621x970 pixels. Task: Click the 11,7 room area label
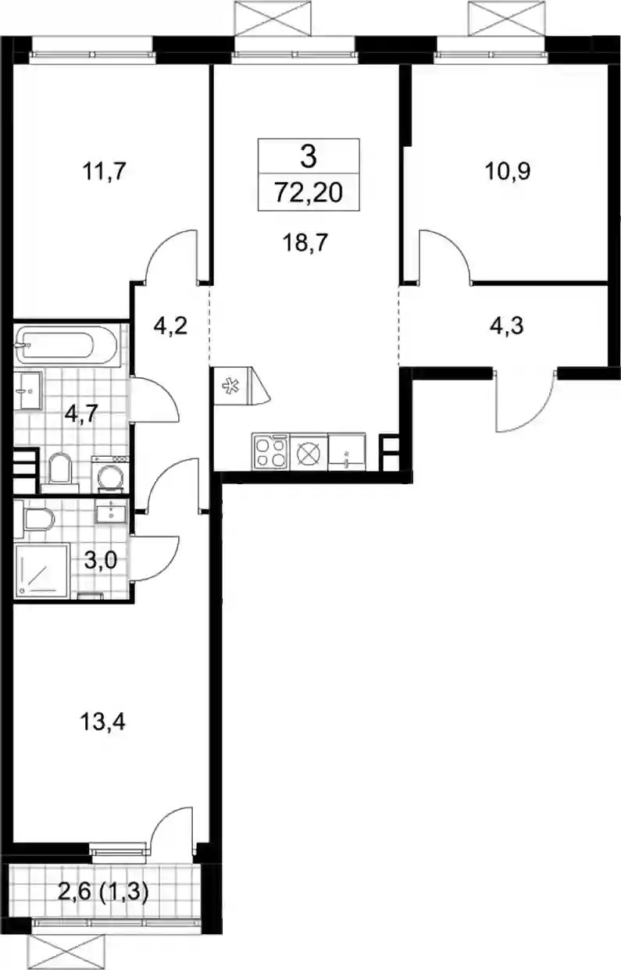point(104,172)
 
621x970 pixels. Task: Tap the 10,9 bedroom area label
point(508,172)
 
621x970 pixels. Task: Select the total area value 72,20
point(309,193)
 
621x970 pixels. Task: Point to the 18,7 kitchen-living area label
point(305,242)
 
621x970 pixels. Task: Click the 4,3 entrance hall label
point(507,326)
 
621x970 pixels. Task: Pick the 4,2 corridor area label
point(170,326)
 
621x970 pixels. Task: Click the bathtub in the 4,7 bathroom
point(66,345)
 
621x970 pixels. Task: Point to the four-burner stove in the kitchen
point(270,451)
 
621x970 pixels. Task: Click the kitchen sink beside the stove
point(347,452)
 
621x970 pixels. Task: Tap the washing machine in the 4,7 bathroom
point(110,475)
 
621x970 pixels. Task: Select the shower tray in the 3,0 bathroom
point(42,571)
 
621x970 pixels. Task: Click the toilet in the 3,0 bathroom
point(34,519)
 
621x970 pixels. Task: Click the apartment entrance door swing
point(525,401)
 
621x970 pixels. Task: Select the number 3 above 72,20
point(309,157)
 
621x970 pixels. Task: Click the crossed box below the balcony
point(66,949)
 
